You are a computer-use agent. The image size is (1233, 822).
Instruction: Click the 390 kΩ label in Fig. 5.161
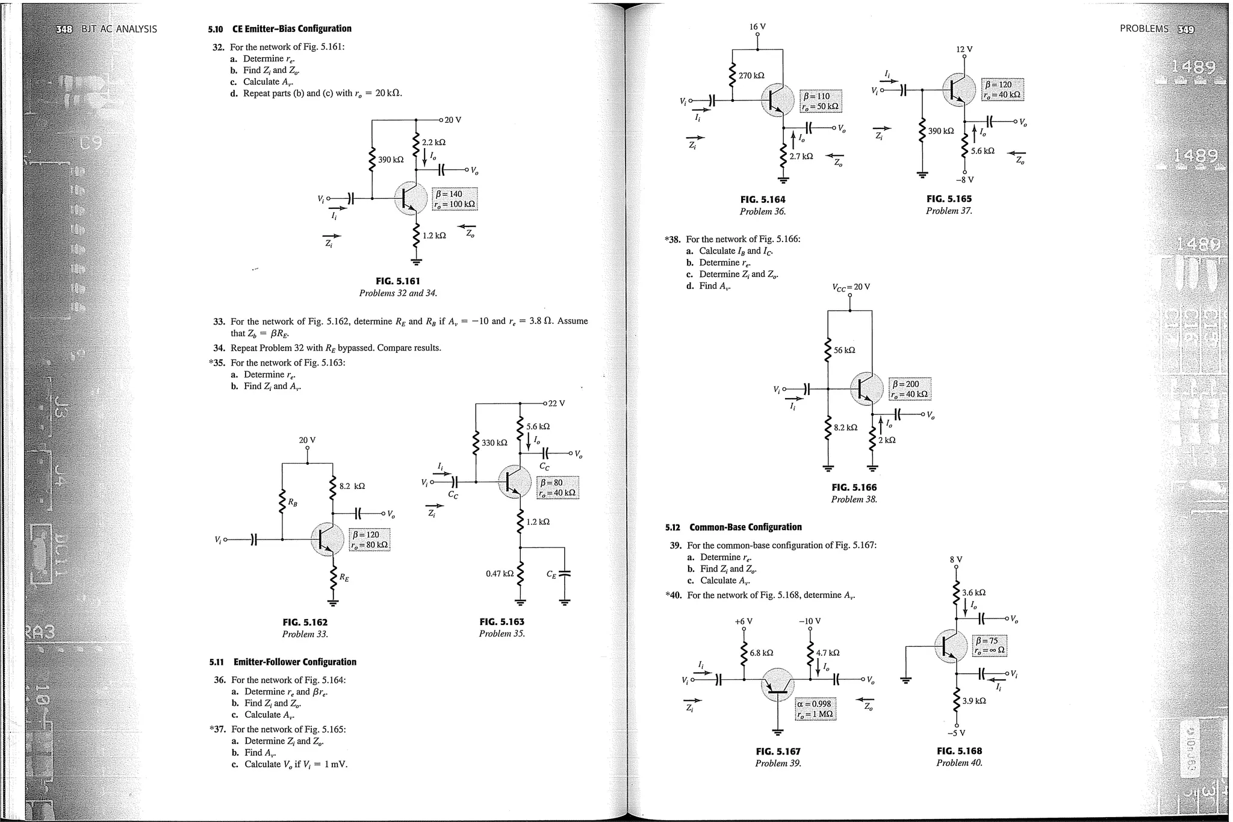(x=391, y=160)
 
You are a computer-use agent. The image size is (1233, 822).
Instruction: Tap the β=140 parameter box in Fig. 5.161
(x=455, y=199)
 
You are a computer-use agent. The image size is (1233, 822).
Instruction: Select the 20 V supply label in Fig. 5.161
(x=453, y=120)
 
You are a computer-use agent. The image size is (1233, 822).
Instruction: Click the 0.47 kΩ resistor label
(x=500, y=574)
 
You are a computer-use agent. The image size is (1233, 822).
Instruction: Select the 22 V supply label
(x=556, y=403)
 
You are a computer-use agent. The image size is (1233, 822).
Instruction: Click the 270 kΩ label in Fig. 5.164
(x=751, y=76)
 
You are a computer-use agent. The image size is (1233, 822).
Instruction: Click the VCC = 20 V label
(x=851, y=287)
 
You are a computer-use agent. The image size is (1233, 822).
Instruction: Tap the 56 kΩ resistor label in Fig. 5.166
(x=844, y=350)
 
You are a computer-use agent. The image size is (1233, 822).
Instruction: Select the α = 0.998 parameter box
(x=815, y=709)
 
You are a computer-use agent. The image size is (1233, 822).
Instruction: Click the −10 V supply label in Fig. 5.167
(x=810, y=621)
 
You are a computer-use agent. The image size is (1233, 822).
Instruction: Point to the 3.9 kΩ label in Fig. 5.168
(x=974, y=701)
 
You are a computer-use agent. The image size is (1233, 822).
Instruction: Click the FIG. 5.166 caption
(x=854, y=487)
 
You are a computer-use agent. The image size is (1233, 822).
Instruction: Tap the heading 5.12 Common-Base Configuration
(x=733, y=527)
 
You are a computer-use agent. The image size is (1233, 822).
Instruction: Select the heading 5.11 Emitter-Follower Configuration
(x=283, y=662)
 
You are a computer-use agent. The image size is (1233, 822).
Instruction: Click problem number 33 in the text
(x=219, y=322)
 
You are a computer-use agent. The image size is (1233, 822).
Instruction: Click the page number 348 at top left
(x=63, y=29)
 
